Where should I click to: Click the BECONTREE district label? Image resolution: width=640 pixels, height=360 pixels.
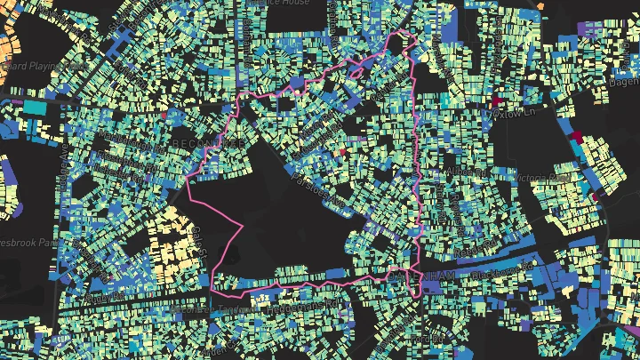coord(201,142)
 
